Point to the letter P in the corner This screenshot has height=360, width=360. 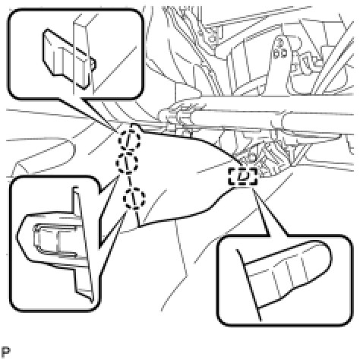(5, 352)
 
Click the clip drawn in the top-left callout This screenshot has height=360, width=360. (67, 58)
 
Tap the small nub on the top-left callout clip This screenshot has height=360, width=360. (93, 63)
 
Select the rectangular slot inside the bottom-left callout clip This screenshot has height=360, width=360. (55, 240)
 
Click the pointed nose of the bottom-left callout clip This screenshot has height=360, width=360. (18, 236)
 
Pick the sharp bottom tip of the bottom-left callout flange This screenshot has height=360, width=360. (92, 302)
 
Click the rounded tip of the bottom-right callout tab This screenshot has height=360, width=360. (328, 256)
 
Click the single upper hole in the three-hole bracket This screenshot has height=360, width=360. (280, 43)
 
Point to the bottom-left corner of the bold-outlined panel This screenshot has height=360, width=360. (139, 226)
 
